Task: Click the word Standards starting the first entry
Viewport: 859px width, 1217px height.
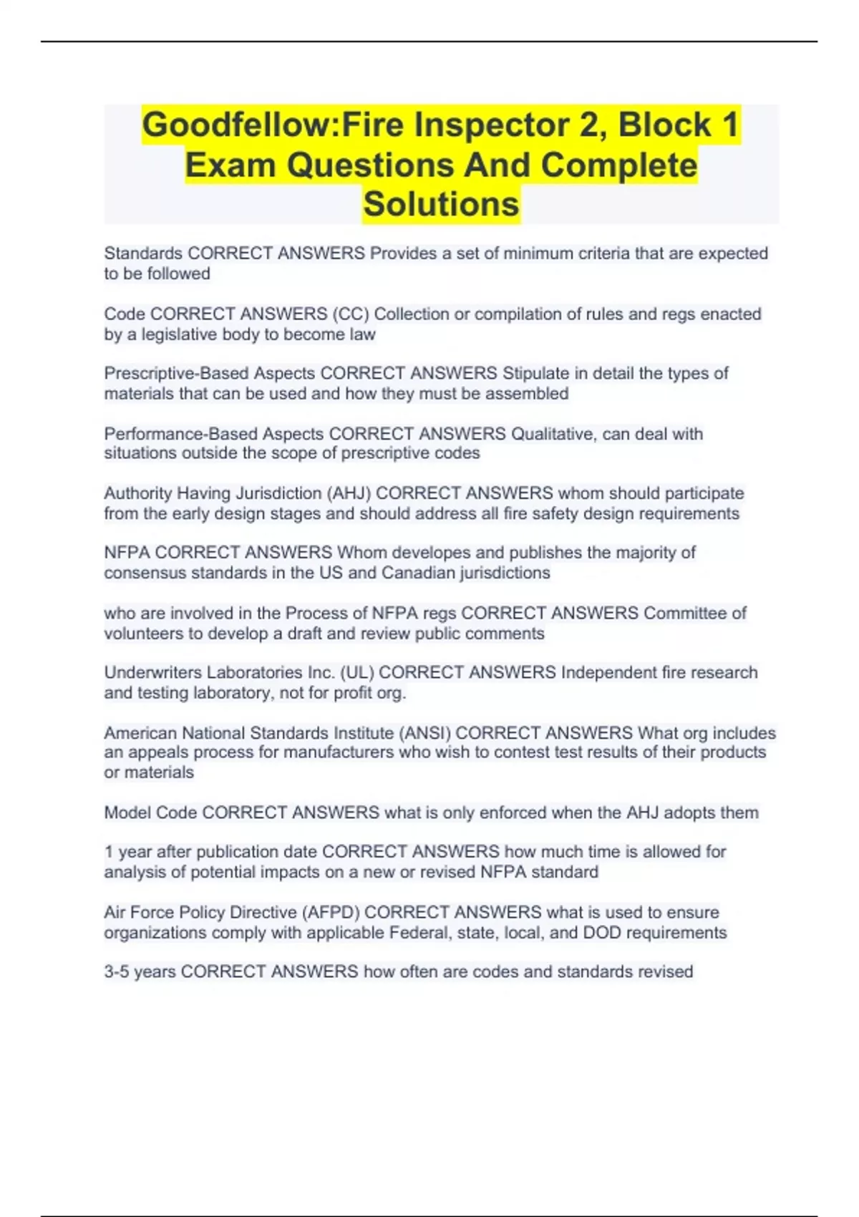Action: point(143,253)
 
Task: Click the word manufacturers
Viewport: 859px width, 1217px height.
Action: point(339,752)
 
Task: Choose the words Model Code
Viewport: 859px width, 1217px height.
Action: point(150,813)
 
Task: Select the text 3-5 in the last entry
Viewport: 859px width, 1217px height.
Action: point(116,972)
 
